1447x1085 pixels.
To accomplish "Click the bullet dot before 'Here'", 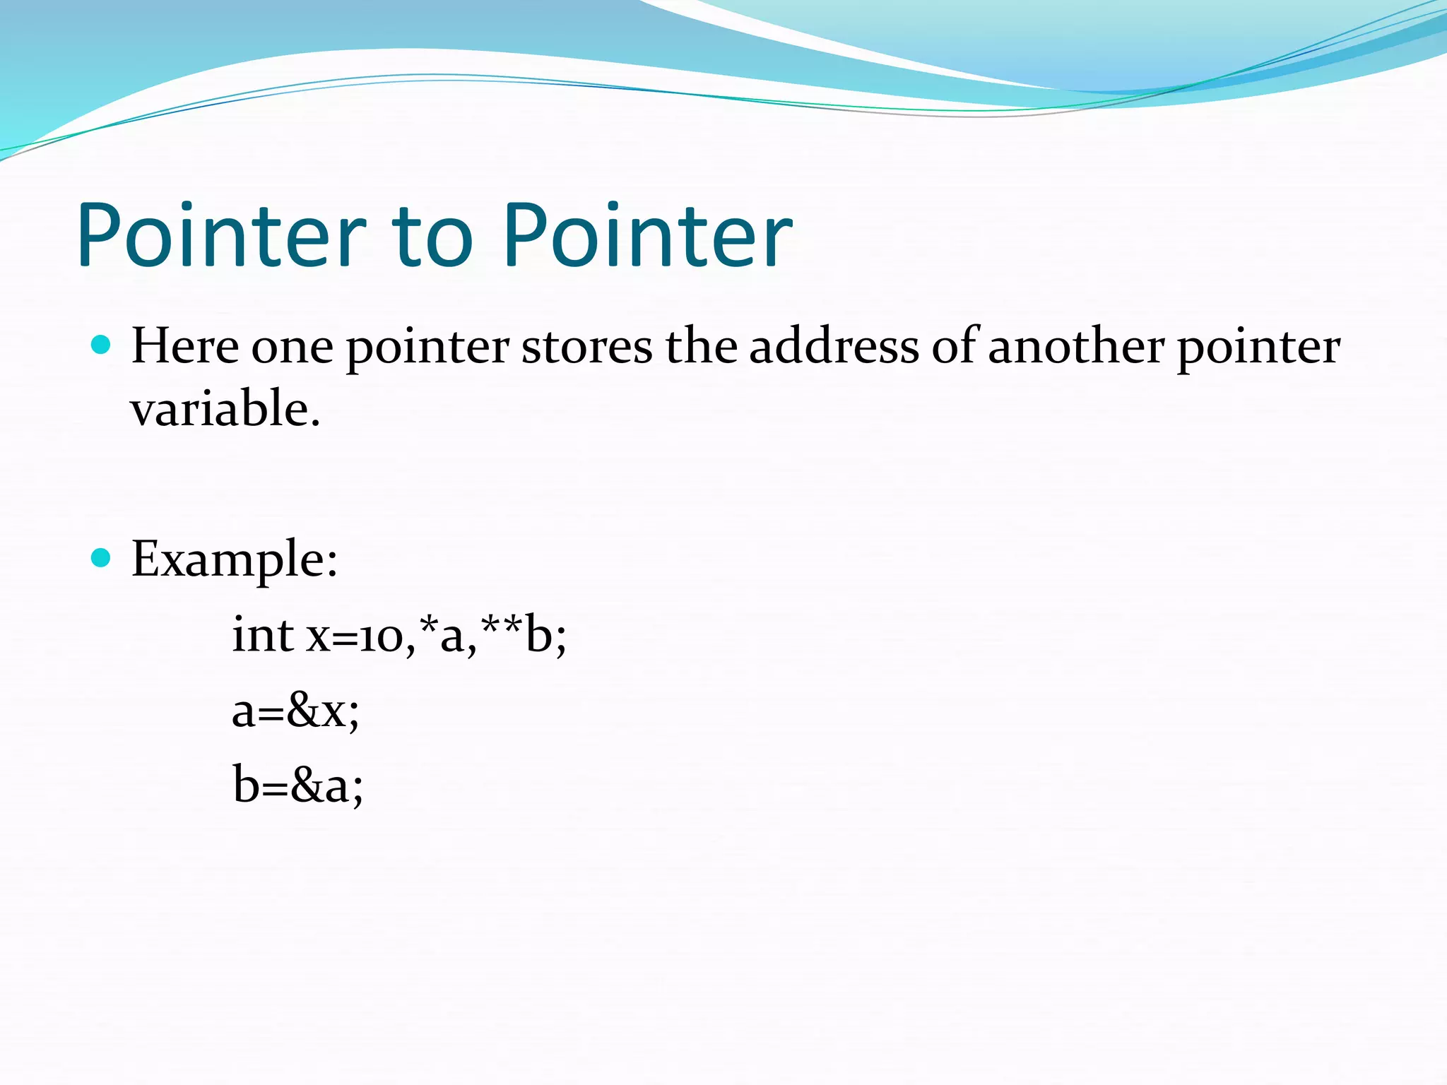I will pos(102,345).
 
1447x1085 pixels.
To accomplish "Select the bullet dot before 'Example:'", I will pos(102,558).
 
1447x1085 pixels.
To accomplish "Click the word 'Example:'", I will pos(235,559).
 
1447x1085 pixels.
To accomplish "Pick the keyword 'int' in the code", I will pos(263,634).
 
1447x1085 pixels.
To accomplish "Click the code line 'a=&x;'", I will pos(295,711).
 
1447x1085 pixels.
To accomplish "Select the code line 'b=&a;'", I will pos(297,785).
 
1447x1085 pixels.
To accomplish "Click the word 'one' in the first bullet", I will pos(292,348).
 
